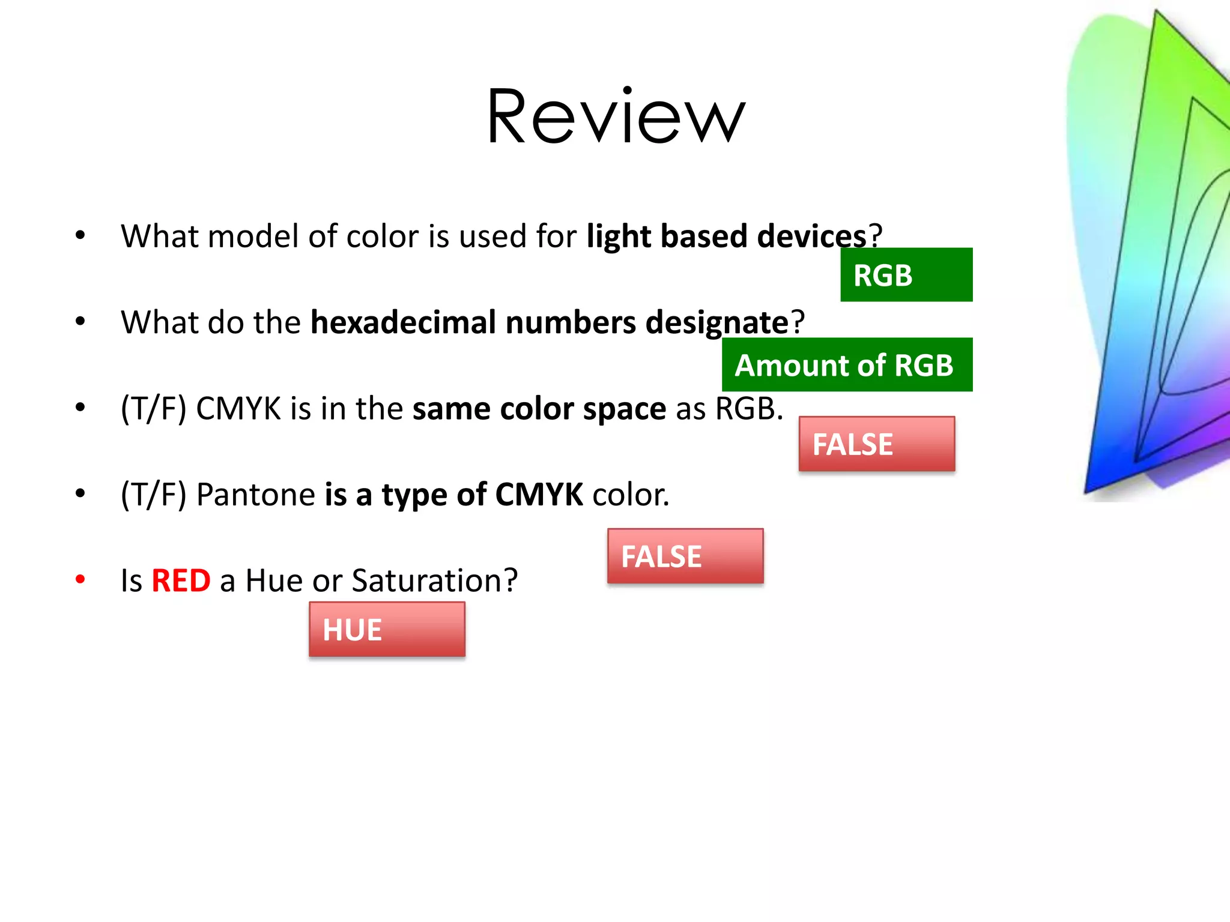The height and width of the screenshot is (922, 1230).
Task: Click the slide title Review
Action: [616, 116]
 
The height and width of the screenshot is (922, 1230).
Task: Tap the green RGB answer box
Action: [906, 275]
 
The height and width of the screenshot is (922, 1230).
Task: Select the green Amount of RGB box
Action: [847, 365]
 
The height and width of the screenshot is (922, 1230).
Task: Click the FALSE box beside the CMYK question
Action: [876, 444]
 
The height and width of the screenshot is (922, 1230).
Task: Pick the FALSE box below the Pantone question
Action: [685, 556]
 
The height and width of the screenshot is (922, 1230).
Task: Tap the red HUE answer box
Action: [387, 630]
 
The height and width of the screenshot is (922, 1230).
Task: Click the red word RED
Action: [181, 581]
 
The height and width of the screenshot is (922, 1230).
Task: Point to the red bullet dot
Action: [80, 579]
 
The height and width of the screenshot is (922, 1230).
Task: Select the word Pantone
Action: [256, 495]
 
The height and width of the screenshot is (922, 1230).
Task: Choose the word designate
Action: [716, 322]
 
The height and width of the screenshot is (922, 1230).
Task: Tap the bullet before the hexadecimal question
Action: [80, 322]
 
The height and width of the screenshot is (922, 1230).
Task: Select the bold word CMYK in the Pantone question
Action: [539, 495]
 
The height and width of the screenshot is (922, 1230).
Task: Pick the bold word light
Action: [619, 236]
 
